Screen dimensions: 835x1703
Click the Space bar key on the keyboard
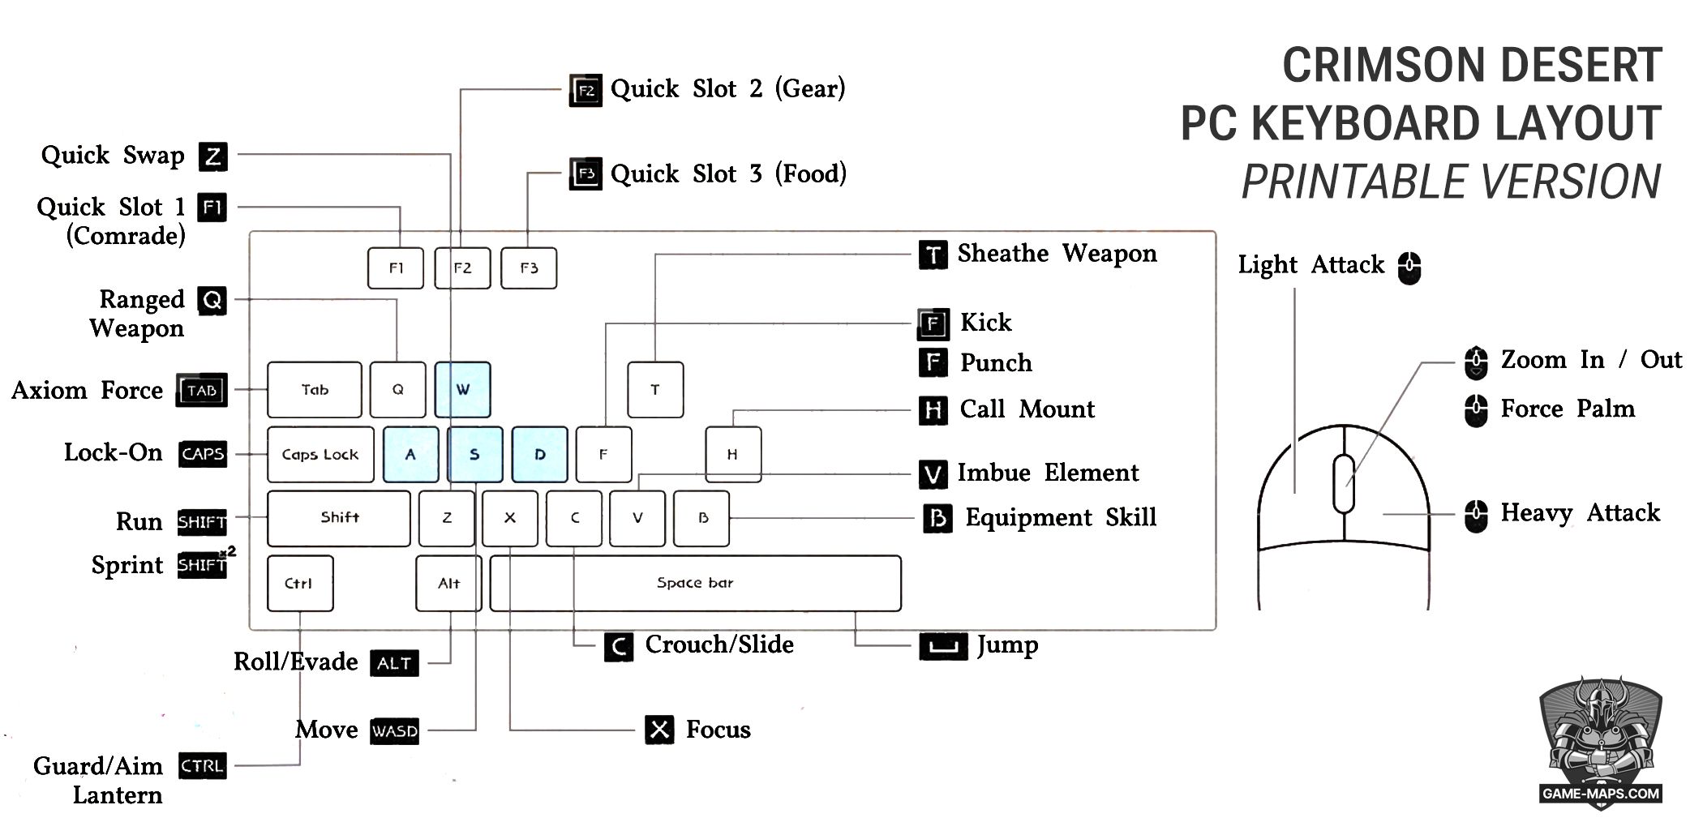(x=695, y=583)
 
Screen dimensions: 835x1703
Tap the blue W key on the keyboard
(x=462, y=389)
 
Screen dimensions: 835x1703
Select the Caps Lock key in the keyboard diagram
(x=320, y=454)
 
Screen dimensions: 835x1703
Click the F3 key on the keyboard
(x=529, y=268)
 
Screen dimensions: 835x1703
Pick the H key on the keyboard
(x=732, y=454)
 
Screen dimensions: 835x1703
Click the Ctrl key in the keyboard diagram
(x=299, y=583)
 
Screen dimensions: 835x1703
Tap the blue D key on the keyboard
(x=540, y=454)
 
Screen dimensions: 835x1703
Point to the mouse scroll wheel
(x=1344, y=484)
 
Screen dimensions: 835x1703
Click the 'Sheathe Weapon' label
(x=1057, y=253)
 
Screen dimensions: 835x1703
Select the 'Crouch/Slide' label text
(x=719, y=644)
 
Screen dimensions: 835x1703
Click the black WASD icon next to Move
(x=395, y=731)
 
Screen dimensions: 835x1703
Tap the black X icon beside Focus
(x=660, y=730)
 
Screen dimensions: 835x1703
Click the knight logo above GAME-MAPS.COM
(x=1600, y=734)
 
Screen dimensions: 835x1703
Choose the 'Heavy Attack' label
(x=1580, y=512)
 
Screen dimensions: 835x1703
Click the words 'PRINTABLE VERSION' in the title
(x=1451, y=182)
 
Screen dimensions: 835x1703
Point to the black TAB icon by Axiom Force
(x=202, y=391)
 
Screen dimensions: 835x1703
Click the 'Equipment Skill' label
(x=1060, y=517)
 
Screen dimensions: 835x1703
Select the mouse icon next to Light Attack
(x=1409, y=267)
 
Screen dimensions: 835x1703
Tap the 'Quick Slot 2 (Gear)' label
(x=727, y=88)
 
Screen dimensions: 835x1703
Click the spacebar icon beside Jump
(x=942, y=646)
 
